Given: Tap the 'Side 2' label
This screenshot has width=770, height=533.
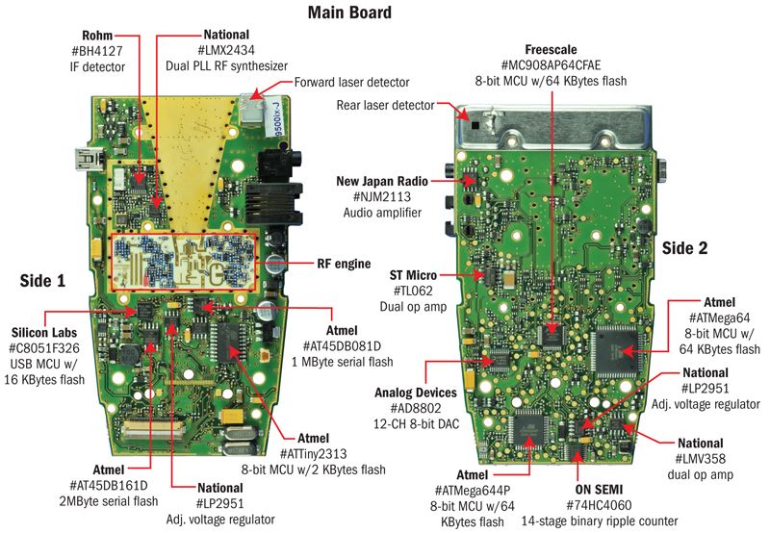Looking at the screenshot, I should coord(684,247).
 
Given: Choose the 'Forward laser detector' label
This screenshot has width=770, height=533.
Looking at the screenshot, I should coord(358,83).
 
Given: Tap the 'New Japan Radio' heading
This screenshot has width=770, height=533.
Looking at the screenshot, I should coord(388,181).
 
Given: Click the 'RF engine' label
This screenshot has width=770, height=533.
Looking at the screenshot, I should coord(342,261).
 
